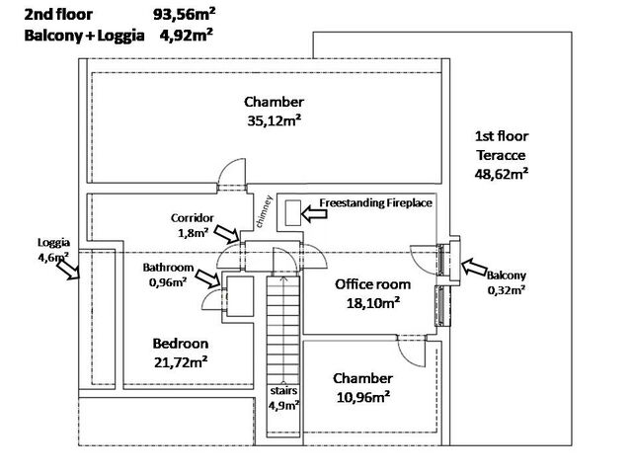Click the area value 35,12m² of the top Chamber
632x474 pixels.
click(x=274, y=121)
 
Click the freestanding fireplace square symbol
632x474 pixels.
click(x=292, y=210)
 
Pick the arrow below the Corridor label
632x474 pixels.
click(x=227, y=234)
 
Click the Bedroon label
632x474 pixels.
click(x=180, y=343)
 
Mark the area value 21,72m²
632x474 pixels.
click(x=180, y=362)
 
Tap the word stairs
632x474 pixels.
click(x=283, y=390)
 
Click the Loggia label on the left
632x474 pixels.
click(x=53, y=242)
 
